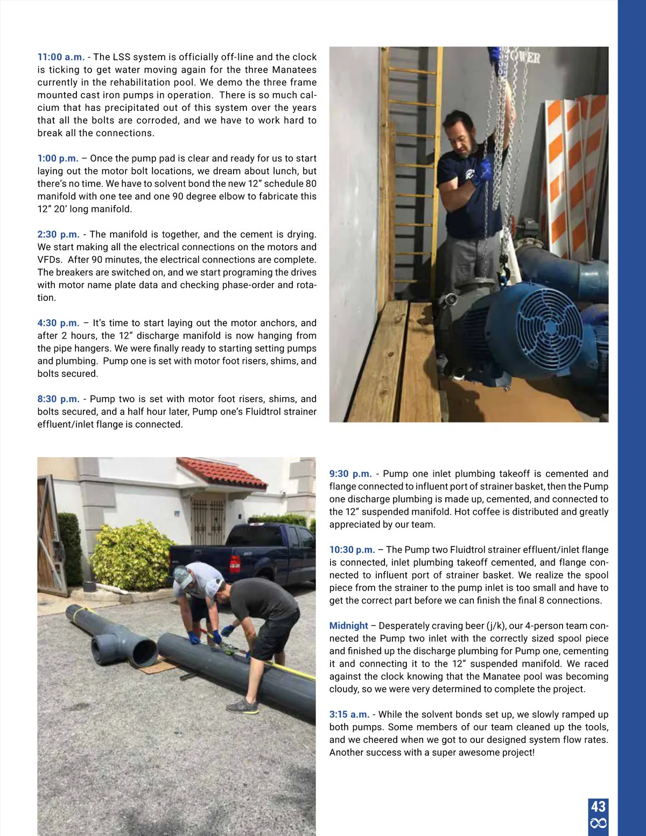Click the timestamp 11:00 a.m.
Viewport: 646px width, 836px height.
click(61, 57)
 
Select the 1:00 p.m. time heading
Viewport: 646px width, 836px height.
click(58, 158)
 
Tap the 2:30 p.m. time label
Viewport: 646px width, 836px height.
click(58, 234)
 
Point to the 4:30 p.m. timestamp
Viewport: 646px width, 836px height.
click(58, 323)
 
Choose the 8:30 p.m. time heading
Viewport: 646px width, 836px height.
click(58, 399)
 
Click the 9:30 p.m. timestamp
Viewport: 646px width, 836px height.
click(350, 474)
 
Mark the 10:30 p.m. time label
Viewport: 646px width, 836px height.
click(352, 550)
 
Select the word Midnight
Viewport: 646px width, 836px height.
click(348, 626)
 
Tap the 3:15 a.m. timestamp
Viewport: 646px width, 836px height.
click(349, 714)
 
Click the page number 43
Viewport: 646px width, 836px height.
click(598, 806)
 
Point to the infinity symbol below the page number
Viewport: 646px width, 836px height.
click(598, 823)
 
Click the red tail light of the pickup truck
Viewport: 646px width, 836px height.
click(235, 564)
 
